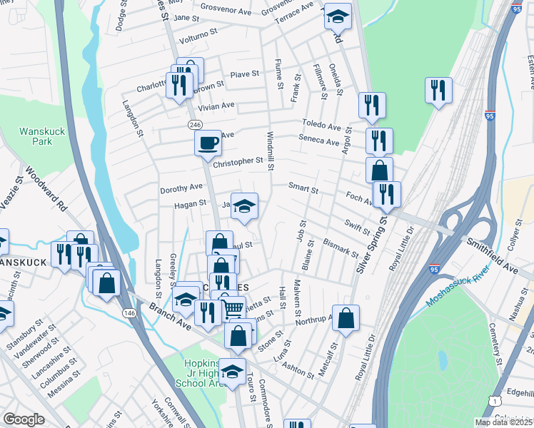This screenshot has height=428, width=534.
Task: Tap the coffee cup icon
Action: (x=208, y=143)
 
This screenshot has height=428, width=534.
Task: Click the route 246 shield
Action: (x=194, y=124)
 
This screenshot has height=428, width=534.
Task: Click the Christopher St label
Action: (x=238, y=161)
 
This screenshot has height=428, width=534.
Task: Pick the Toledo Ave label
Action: (x=321, y=125)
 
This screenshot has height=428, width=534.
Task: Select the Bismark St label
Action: (x=339, y=248)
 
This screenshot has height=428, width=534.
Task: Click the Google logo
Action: (x=24, y=419)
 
